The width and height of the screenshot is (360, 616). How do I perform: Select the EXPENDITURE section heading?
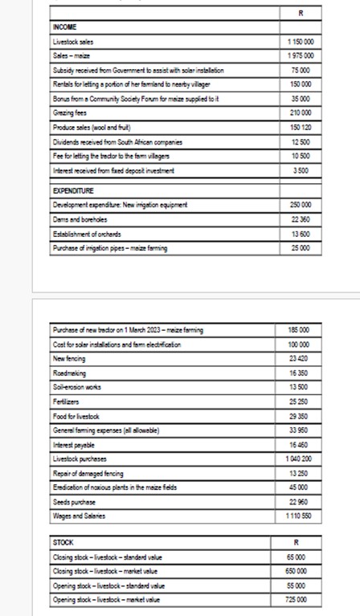pos(72,192)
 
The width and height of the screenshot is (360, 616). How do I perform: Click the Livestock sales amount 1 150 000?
pos(299,39)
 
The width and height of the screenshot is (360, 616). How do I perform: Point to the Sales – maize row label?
pos(70,53)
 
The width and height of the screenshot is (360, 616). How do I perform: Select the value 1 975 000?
pos(299,53)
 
